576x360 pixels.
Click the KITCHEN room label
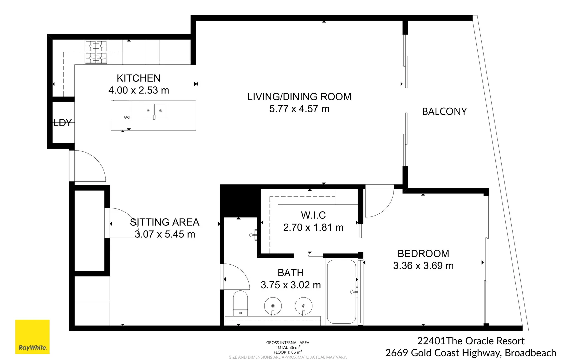tap(138, 78)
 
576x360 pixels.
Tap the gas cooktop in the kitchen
tap(96, 52)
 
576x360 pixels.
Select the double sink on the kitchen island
tap(154, 111)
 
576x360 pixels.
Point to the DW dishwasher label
tap(127, 117)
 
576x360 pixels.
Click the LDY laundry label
tap(63, 123)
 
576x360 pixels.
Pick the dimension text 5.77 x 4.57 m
tap(299, 109)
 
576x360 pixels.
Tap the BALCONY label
tap(444, 111)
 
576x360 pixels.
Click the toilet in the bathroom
tap(240, 303)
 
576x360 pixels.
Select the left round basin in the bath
tap(273, 306)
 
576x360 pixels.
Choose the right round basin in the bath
tap(303, 306)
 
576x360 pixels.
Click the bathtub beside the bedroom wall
tap(341, 291)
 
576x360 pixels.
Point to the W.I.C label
tap(313, 215)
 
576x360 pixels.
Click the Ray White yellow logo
tap(32, 337)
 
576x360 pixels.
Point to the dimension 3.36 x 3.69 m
tap(423, 266)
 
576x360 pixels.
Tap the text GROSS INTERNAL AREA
tap(288, 343)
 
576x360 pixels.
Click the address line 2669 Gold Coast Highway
tap(470, 353)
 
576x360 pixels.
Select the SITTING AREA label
tap(164, 222)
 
